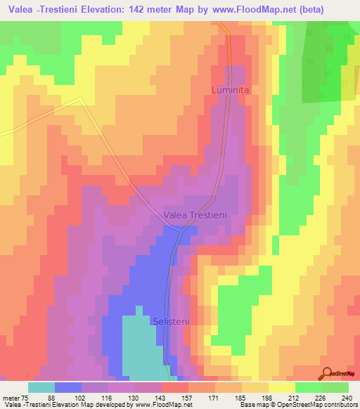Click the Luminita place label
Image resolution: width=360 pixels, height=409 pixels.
(x=231, y=91)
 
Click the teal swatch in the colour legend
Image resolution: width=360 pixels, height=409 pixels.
(x=41, y=387)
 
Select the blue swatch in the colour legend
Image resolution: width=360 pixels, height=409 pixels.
(x=68, y=387)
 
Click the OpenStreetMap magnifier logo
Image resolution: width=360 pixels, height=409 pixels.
(x=327, y=373)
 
